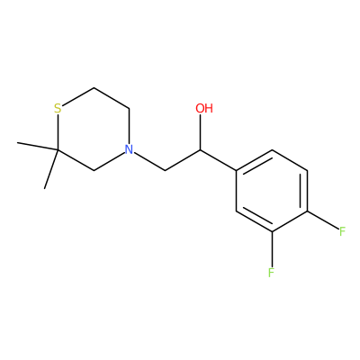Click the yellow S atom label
58,108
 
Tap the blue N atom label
129,149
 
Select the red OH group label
204,108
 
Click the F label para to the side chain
343,231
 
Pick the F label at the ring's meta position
272,273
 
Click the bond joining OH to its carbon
200,132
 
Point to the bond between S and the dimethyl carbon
58,132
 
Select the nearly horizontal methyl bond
38,146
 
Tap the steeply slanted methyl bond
51,169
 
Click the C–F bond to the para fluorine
322,220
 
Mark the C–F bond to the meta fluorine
272,248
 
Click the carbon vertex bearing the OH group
200,149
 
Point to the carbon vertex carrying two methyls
58,149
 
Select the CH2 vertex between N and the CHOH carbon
165,170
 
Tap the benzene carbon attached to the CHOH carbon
236,170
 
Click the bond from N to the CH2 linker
149,161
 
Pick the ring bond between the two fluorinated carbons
290,221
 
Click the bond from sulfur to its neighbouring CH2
78,96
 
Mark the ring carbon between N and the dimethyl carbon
94,170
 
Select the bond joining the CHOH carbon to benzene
218,160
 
